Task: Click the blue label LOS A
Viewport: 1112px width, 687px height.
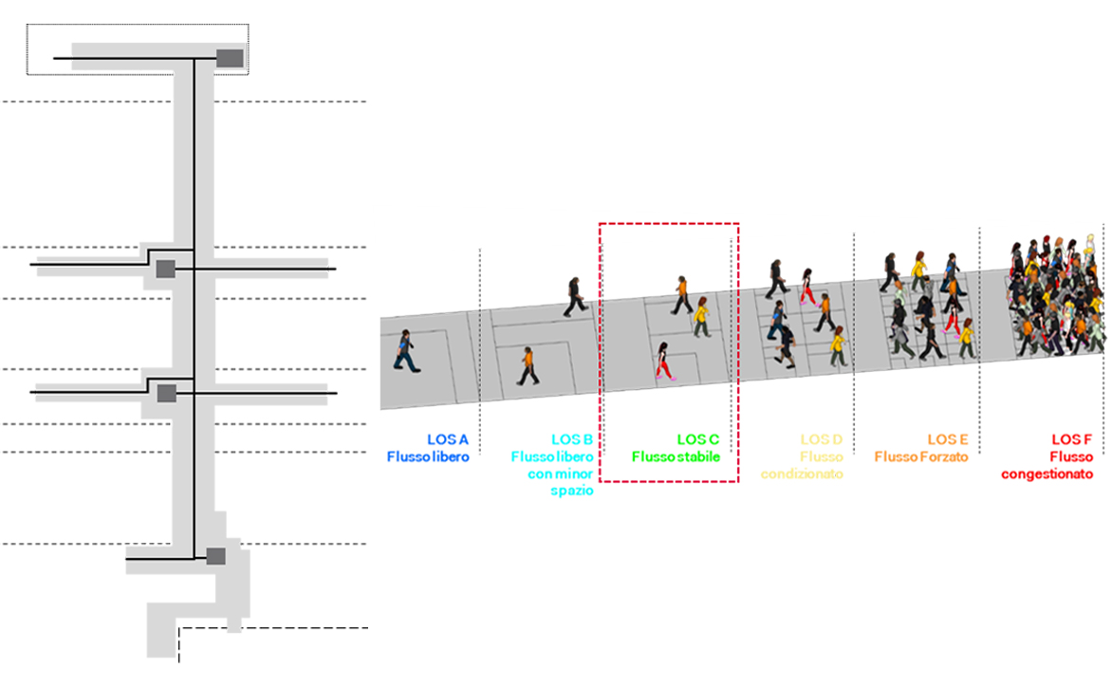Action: (x=448, y=439)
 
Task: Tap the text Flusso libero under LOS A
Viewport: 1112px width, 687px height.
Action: (x=428, y=456)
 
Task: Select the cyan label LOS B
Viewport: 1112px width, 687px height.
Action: (x=571, y=439)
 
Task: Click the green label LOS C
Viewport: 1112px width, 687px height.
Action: (x=697, y=439)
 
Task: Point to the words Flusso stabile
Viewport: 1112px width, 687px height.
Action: (x=676, y=456)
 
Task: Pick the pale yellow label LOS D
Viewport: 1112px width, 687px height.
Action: (x=822, y=439)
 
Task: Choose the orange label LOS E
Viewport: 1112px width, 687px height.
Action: (x=948, y=439)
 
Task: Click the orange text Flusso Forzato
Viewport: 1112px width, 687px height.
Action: (x=920, y=456)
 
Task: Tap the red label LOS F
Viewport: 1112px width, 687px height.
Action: (x=1071, y=439)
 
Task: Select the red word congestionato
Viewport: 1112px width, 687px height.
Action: (x=1047, y=474)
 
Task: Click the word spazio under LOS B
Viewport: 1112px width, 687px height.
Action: (x=571, y=491)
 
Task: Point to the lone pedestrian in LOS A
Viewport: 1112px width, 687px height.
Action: (x=406, y=351)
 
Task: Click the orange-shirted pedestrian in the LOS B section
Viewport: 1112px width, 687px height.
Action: (x=528, y=366)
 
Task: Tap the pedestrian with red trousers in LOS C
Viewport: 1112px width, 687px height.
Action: (x=664, y=361)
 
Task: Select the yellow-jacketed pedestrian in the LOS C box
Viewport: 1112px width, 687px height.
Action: (x=701, y=317)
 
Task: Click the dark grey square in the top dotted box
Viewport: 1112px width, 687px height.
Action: (x=230, y=58)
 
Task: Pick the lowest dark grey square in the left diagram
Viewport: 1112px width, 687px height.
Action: (x=215, y=556)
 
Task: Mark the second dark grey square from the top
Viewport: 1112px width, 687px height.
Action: (x=165, y=269)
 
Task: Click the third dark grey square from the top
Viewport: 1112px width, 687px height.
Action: (x=167, y=394)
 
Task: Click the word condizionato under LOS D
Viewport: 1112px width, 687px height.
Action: (x=802, y=473)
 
